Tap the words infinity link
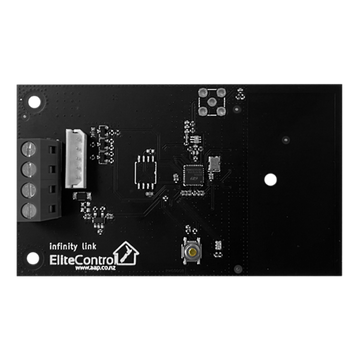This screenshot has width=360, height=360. click(72, 243)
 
